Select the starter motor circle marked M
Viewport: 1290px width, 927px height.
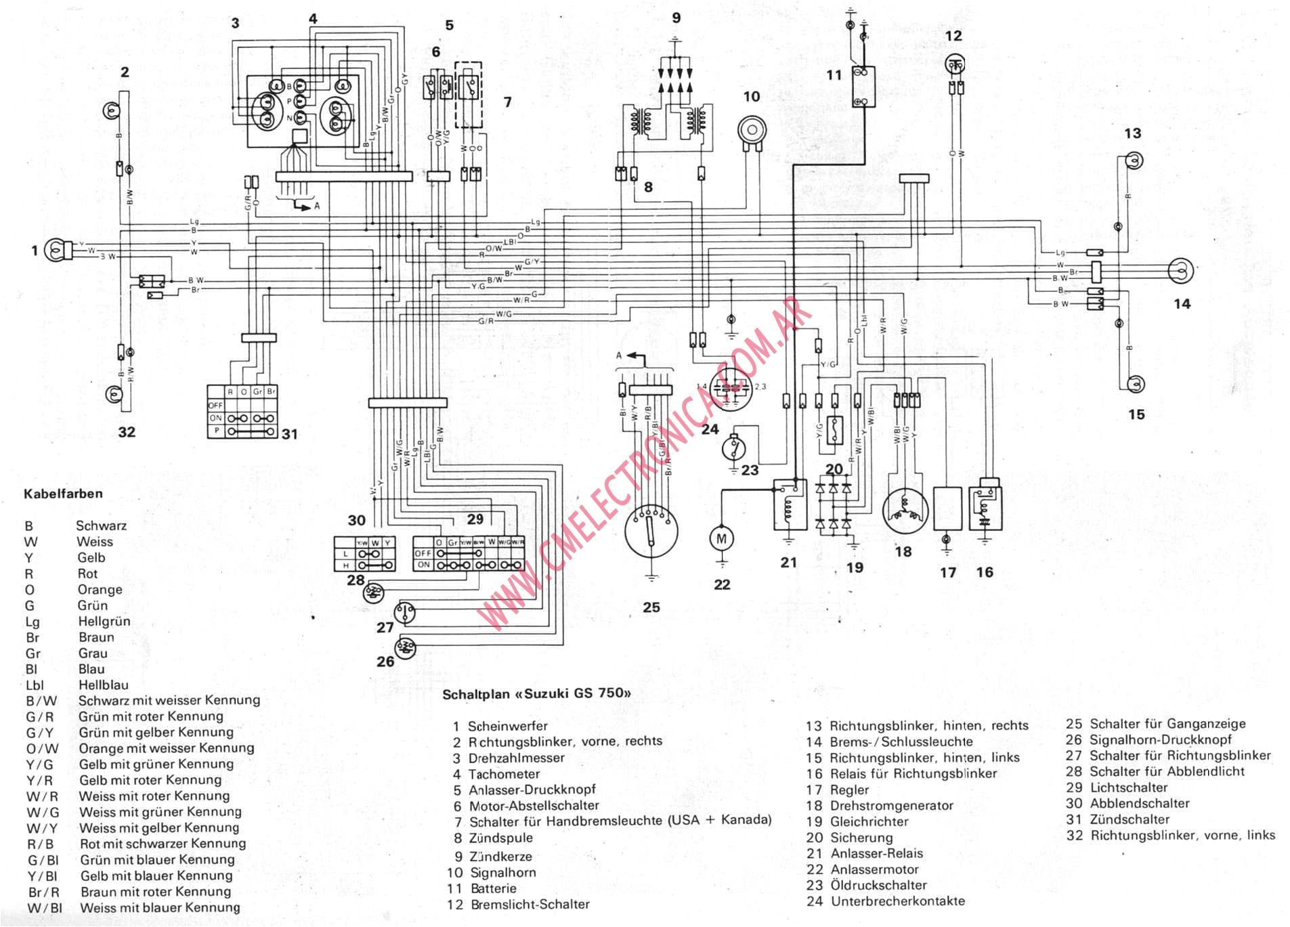(721, 538)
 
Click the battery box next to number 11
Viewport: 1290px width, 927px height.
(863, 87)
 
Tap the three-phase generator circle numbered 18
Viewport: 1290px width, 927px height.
(905, 513)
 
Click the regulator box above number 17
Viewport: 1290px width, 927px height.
(947, 508)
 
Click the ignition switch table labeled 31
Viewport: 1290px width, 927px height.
(242, 412)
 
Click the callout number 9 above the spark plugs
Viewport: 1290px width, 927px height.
(676, 18)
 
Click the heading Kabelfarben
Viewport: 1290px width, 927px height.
(63, 494)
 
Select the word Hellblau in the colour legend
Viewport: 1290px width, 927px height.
(103, 685)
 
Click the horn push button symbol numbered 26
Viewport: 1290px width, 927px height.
(405, 648)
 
